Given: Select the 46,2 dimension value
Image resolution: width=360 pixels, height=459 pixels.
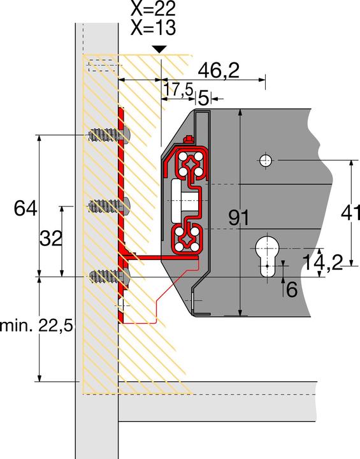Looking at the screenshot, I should pyautogui.click(x=218, y=70).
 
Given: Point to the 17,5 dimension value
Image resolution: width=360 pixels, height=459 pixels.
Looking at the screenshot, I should pyautogui.click(x=178, y=91).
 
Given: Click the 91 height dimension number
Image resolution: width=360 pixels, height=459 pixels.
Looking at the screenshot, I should pyautogui.click(x=239, y=219).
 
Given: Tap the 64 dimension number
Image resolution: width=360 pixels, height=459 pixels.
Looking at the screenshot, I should pyautogui.click(x=26, y=207).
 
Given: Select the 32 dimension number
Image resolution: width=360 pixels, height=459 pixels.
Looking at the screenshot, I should pyautogui.click(x=50, y=239).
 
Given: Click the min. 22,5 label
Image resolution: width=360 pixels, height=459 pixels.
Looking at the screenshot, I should pyautogui.click(x=37, y=326).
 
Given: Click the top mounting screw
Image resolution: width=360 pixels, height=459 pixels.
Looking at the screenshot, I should pyautogui.click(x=108, y=135).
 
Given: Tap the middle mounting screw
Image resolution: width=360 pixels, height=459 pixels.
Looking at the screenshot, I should pyautogui.click(x=109, y=205).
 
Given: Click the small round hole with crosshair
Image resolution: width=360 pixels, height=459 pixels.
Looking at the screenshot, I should pyautogui.click(x=266, y=160).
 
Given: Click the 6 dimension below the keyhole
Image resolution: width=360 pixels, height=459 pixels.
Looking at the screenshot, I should pyautogui.click(x=291, y=289).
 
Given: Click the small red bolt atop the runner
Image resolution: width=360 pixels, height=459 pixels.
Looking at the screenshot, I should pyautogui.click(x=187, y=140).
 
